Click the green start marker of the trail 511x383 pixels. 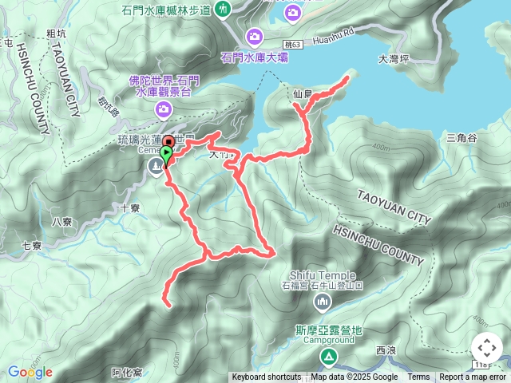166,152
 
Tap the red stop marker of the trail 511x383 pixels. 168,142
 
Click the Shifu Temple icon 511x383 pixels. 323,301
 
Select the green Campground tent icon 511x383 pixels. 328,357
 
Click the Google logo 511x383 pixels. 30,372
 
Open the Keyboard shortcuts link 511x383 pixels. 267,377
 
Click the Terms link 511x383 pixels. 418,377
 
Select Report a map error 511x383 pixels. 473,377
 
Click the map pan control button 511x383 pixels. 486,348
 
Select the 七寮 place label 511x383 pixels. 31,246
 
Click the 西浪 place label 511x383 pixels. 386,350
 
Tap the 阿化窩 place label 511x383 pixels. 127,372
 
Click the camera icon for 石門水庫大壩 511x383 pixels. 255,35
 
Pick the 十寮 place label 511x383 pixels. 129,208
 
